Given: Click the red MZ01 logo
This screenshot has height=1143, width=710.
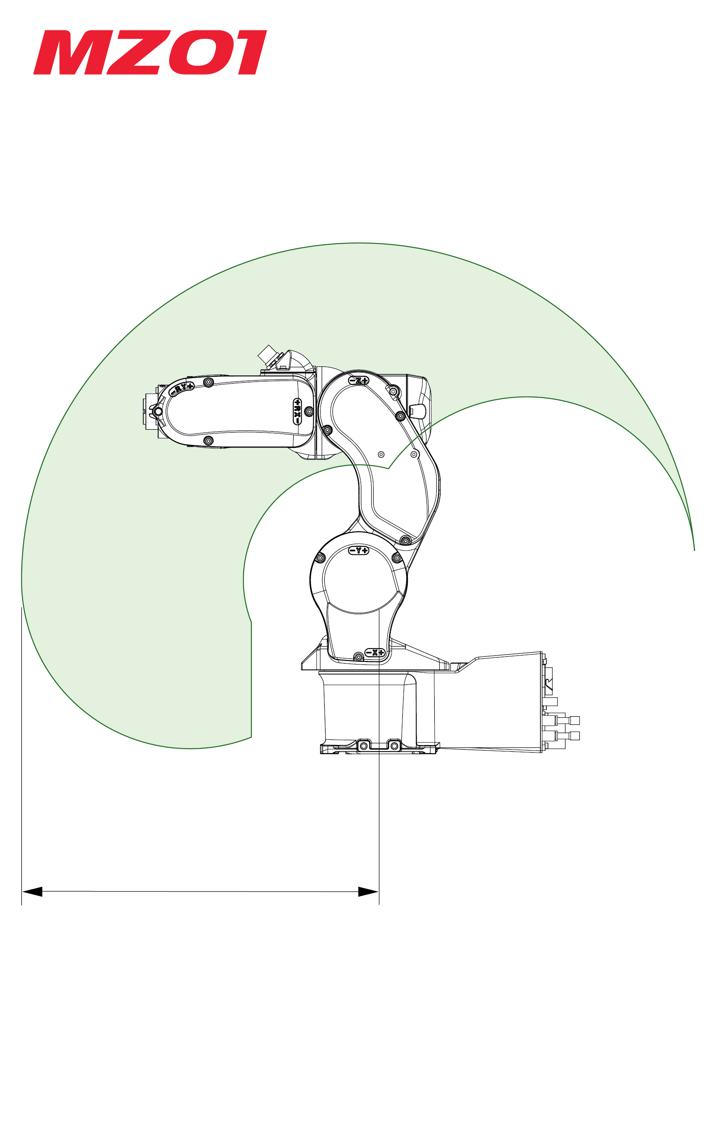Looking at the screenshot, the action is [150, 52].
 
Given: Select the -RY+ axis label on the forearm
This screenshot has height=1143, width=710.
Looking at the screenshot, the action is [182, 388].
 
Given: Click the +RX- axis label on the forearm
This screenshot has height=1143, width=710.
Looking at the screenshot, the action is [297, 411].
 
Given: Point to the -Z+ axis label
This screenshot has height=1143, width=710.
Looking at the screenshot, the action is [359, 381].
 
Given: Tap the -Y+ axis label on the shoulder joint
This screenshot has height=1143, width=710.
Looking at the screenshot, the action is [359, 550].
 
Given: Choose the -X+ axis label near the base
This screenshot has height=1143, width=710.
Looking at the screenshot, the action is [375, 652].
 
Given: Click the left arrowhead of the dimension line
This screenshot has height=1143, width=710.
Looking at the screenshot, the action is [32, 892].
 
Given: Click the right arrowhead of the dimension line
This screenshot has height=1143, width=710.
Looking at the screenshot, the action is [369, 892].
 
